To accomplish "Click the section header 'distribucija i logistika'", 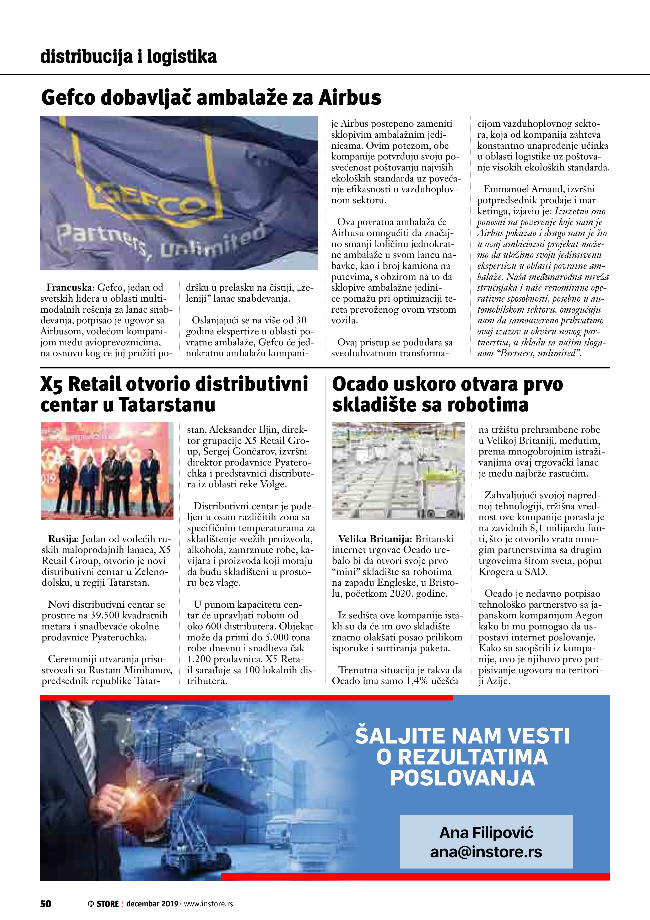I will click(x=128, y=56).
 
